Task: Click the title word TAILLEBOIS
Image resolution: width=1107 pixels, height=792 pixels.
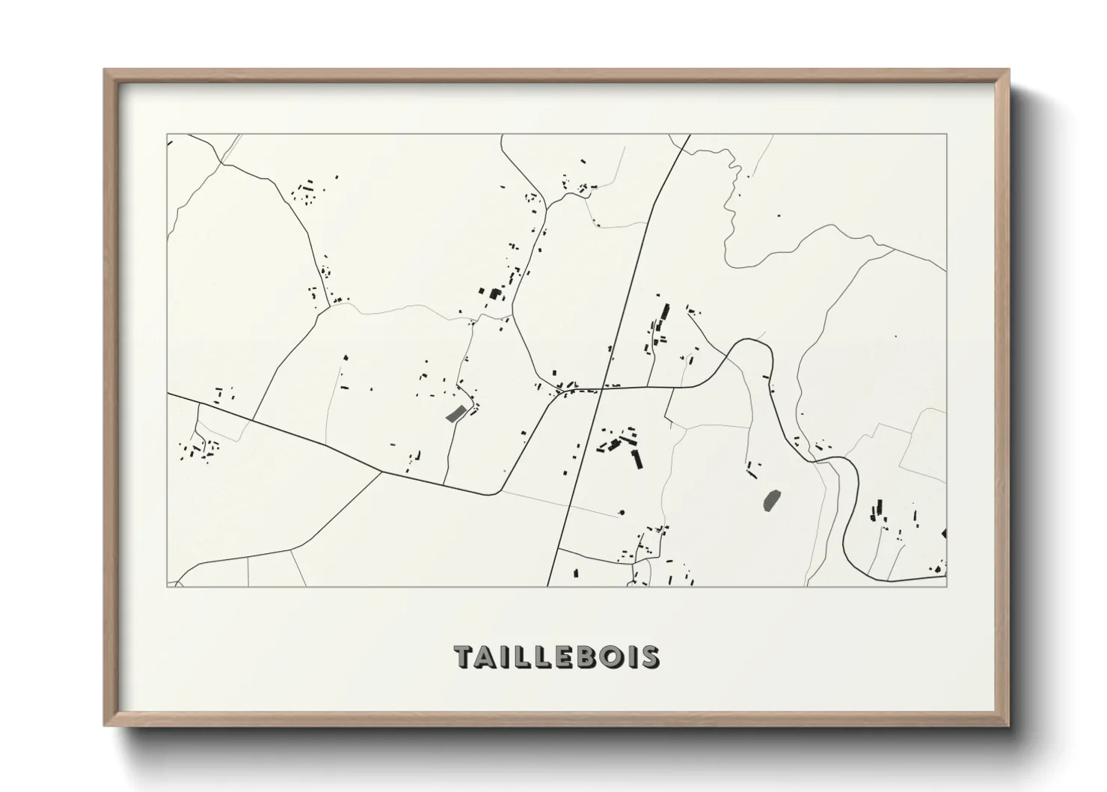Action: (556, 657)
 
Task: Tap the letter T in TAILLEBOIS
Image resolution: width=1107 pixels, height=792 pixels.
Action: (464, 657)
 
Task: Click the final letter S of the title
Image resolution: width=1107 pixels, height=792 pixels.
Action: (650, 657)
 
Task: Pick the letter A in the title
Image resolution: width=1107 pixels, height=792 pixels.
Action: (487, 657)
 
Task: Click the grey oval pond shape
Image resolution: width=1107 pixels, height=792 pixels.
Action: (771, 499)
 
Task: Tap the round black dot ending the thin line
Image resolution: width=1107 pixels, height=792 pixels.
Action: (621, 514)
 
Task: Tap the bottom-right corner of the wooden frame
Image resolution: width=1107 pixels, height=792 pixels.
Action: (1009, 725)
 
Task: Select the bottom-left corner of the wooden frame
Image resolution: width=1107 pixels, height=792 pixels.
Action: (105, 725)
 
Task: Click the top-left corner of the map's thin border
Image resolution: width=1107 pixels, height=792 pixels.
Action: (167, 135)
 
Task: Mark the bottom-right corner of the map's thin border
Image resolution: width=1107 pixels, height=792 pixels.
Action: (947, 586)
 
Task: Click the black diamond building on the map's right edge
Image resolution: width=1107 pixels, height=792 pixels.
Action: (945, 534)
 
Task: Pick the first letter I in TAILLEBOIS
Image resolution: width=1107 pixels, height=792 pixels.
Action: (505, 657)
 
